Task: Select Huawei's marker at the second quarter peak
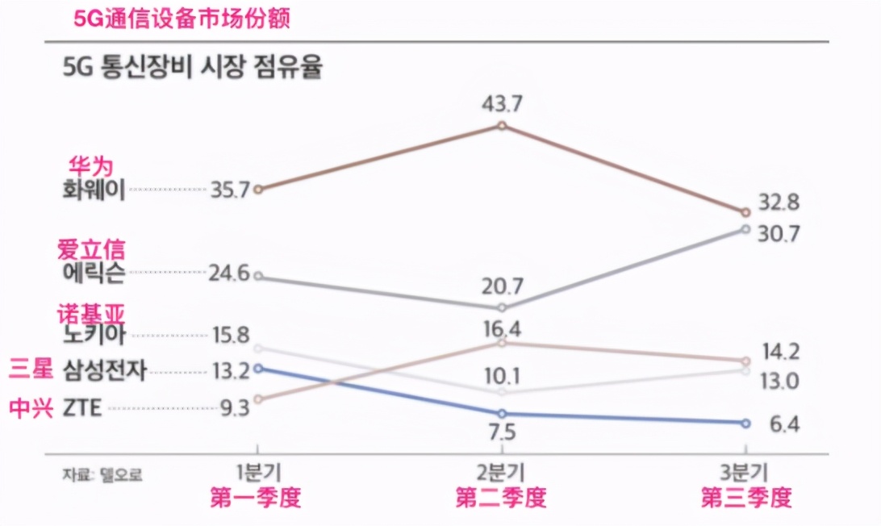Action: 502,126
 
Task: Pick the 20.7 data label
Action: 502,286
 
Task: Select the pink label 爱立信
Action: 92,249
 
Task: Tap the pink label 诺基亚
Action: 92,314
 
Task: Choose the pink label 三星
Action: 31,370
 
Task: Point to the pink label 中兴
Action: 31,408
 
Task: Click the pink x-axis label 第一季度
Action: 256,497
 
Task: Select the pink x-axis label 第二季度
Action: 501,497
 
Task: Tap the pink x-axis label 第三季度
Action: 746,497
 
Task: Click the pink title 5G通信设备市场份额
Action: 182,18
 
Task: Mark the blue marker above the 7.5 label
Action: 502,414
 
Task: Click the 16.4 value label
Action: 502,328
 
